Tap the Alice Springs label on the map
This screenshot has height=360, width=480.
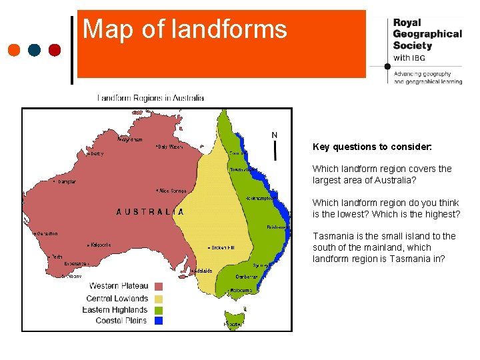pyautogui.click(x=171, y=191)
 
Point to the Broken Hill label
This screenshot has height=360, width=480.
pyautogui.click(x=222, y=247)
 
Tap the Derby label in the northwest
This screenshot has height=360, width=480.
pyautogui.click(x=97, y=153)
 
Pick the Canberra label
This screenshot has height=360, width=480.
pyautogui.click(x=247, y=277)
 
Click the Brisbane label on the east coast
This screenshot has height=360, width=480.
pyautogui.click(x=277, y=227)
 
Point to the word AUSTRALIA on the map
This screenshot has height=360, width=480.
pyautogui.click(x=150, y=212)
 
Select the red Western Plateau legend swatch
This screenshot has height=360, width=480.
pyautogui.click(x=159, y=287)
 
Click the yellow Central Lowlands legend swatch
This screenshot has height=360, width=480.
pyautogui.click(x=159, y=298)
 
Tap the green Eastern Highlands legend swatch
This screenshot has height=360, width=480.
pyautogui.click(x=159, y=309)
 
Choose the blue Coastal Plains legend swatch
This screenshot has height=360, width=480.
pyautogui.click(x=159, y=321)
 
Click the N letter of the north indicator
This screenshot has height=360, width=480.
pyautogui.click(x=275, y=135)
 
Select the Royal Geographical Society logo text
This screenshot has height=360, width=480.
pyautogui.click(x=427, y=34)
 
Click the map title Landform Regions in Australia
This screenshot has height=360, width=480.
pyautogui.click(x=151, y=98)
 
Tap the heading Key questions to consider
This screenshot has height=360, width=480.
pyautogui.click(x=372, y=146)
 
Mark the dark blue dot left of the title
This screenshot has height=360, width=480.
pyautogui.click(x=35, y=49)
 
